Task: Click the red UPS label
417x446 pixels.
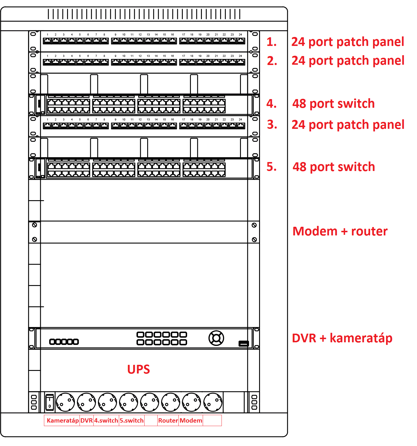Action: click(x=139, y=369)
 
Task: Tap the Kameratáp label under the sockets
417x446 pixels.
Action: click(x=63, y=421)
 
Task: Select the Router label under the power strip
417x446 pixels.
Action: click(x=168, y=421)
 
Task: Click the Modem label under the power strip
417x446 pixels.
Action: click(x=191, y=421)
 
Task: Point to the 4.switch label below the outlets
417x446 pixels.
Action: click(x=106, y=421)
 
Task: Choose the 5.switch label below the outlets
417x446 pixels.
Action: click(x=132, y=421)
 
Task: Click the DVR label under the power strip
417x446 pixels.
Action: click(x=86, y=421)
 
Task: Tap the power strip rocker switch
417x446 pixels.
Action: click(x=50, y=402)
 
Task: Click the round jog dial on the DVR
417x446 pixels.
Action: click(x=216, y=338)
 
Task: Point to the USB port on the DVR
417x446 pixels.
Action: click(x=243, y=343)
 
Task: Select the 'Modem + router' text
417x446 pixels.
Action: click(x=340, y=231)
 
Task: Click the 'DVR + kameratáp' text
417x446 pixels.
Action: click(x=342, y=338)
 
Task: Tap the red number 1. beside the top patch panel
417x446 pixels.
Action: click(x=272, y=42)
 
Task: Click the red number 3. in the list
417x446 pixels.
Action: click(x=272, y=124)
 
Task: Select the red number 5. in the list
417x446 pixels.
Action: click(x=272, y=167)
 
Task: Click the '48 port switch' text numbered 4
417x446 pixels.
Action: click(x=333, y=103)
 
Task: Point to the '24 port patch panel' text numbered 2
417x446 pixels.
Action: click(x=348, y=61)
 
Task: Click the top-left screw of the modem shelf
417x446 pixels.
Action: click(x=34, y=225)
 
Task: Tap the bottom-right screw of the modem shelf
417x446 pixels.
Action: click(x=254, y=239)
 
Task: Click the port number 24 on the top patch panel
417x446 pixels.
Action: click(x=240, y=35)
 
